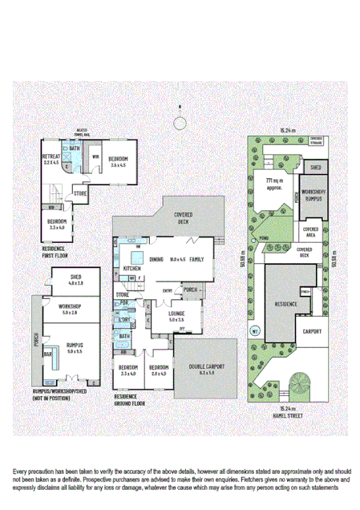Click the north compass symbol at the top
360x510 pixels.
tap(180, 122)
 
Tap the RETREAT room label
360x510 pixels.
tap(52, 158)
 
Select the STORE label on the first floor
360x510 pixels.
tap(80, 193)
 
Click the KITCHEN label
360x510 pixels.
tap(132, 268)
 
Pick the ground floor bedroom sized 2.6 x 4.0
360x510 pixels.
tap(160, 370)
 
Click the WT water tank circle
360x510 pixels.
tap(255, 330)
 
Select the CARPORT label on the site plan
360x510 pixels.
tap(313, 331)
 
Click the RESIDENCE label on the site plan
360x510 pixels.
tap(286, 304)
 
